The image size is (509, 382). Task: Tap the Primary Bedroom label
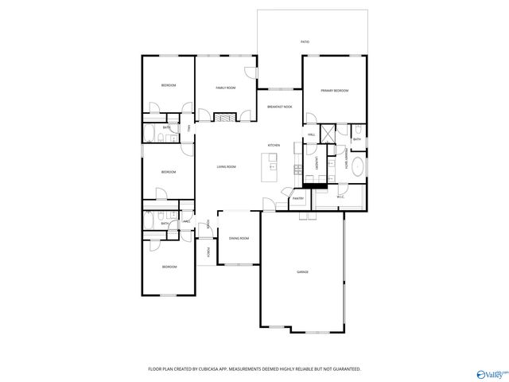[335, 92]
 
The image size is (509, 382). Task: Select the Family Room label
[226, 88]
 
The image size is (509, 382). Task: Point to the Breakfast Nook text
[279, 107]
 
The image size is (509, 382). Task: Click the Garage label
[303, 272]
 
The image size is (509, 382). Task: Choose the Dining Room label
[239, 239]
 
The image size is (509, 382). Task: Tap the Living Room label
[227, 166]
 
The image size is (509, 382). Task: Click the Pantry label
[298, 198]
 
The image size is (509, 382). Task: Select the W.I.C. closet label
[340, 197]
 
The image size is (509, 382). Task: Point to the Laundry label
[317, 165]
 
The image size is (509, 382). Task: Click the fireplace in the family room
[225, 117]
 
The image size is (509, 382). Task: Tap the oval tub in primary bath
[359, 167]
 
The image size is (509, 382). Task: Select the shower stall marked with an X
[327, 133]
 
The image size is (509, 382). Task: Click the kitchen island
[273, 163]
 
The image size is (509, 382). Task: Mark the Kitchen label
[274, 146]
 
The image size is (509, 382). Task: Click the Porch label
[208, 252]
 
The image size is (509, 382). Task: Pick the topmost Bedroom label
[168, 85]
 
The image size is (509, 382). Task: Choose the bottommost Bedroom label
[168, 267]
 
